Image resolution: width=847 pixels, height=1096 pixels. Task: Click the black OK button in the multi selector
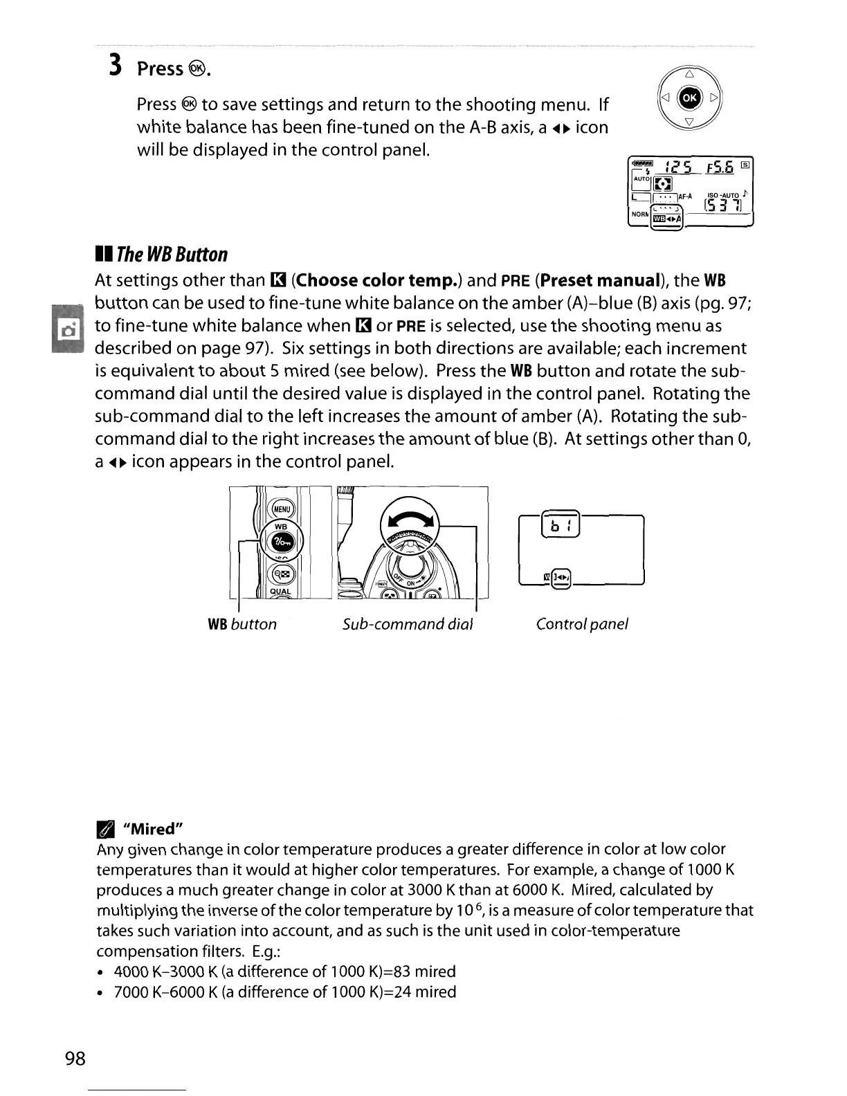click(x=690, y=98)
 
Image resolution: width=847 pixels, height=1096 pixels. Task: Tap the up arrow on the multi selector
click(x=690, y=75)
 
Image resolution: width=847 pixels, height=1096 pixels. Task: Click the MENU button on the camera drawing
click(x=282, y=510)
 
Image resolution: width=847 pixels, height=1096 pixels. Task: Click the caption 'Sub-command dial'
click(x=408, y=624)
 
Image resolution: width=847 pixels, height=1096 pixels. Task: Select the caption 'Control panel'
click(x=582, y=624)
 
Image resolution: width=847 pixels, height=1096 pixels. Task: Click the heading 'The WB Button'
click(x=172, y=255)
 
